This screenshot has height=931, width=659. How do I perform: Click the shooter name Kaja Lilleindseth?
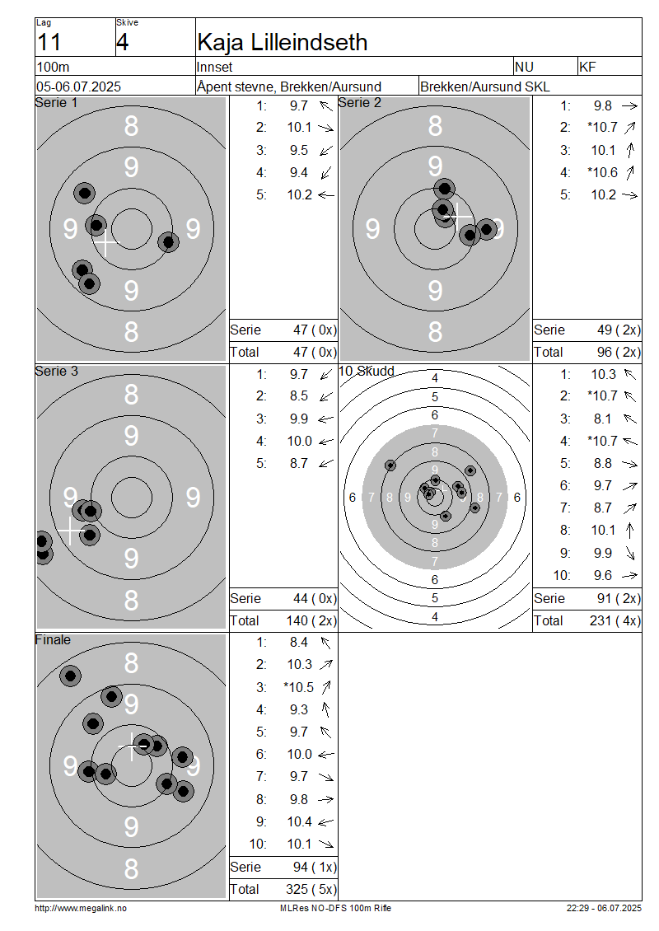282,42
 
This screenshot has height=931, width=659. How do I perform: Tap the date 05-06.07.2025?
78,87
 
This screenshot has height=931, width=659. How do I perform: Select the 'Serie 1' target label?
56,103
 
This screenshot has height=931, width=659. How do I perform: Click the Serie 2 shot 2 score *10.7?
602,127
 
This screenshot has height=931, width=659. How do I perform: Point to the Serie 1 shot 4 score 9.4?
299,173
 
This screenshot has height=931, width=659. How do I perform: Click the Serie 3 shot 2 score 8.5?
299,396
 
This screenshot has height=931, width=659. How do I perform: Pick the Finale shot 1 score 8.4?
299,643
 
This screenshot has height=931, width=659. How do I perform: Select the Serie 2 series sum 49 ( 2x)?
619,330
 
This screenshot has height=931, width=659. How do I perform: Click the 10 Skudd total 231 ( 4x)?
615,621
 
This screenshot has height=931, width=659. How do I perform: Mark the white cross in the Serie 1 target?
105,243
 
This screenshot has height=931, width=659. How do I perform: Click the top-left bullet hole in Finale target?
70,676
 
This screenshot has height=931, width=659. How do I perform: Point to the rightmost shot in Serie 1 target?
169,241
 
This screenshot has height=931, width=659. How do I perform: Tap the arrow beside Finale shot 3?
326,688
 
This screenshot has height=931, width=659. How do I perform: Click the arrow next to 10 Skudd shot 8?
630,531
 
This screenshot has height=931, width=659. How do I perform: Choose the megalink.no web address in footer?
81,909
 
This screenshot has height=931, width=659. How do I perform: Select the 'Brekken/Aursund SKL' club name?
484,87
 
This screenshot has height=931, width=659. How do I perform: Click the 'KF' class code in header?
587,67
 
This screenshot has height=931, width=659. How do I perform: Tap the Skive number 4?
122,42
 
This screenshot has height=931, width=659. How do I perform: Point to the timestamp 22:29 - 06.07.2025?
604,909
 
